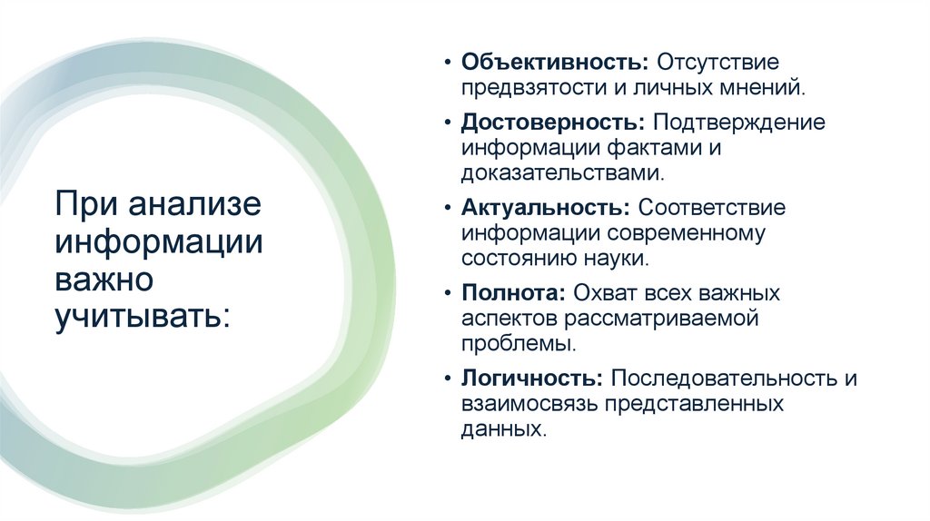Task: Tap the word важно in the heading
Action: coord(104,279)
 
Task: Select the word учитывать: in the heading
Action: coord(143,317)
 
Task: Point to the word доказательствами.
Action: coord(555,172)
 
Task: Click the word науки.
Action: coord(621,259)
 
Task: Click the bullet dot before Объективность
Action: coord(448,65)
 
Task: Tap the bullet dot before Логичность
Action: coord(448,379)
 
